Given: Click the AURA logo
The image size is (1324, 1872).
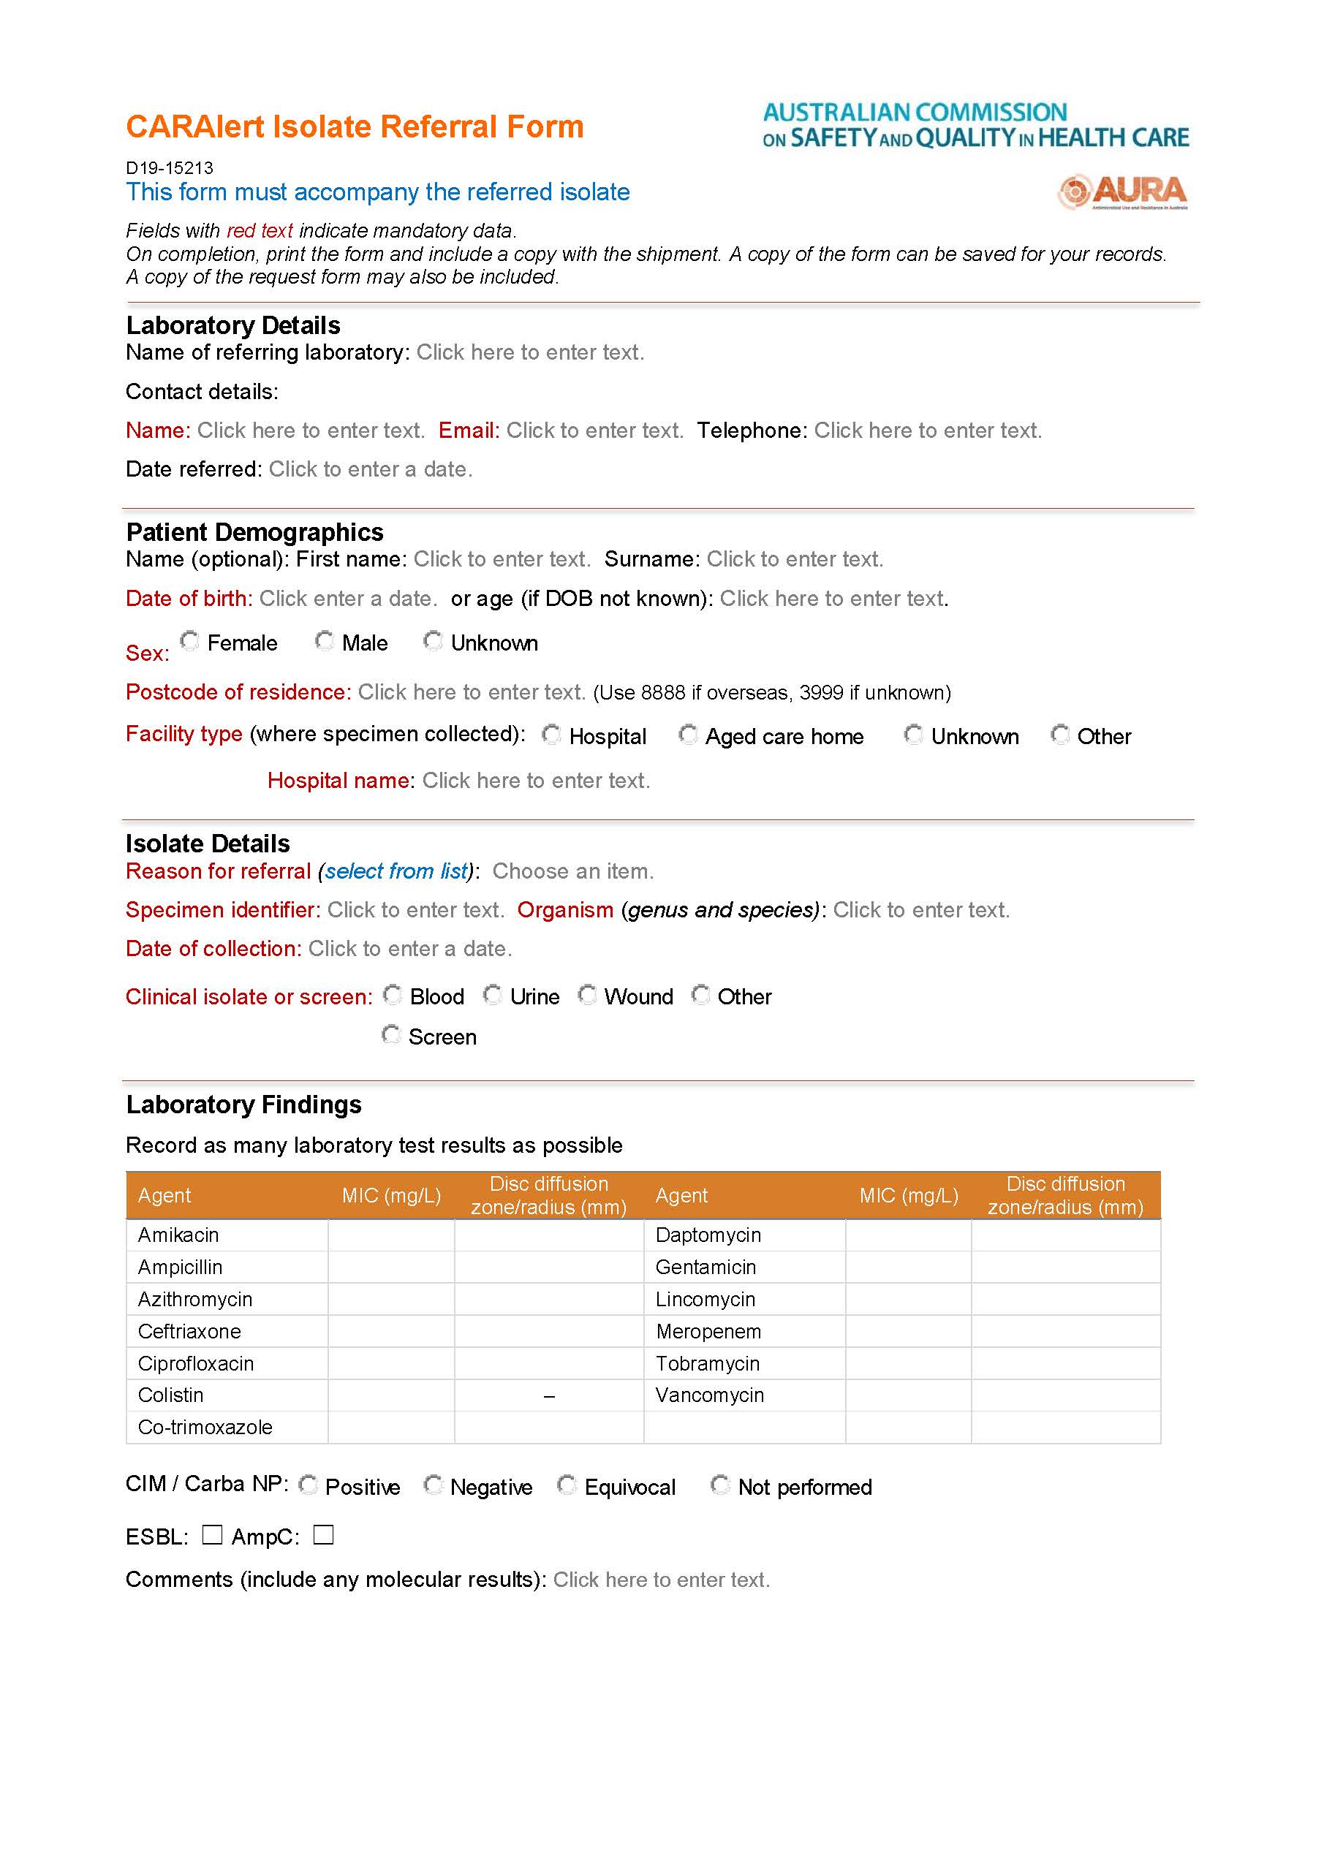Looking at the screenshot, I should pyautogui.click(x=1123, y=192).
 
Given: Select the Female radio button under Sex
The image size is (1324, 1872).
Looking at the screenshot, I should pyautogui.click(x=190, y=641).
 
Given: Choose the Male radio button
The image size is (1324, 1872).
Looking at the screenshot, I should pyautogui.click(x=325, y=641).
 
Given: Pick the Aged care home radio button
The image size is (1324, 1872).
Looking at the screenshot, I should pyautogui.click(x=688, y=735).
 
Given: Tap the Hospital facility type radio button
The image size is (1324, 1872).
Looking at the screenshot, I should pyautogui.click(x=552, y=735).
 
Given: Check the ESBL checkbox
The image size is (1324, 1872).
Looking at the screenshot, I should pyautogui.click(x=212, y=1534).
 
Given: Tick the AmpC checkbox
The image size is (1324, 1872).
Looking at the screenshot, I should pyautogui.click(x=324, y=1534).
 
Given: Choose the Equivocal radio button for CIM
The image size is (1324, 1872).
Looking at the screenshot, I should pyautogui.click(x=567, y=1485).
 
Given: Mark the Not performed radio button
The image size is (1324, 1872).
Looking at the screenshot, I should pyautogui.click(x=720, y=1485).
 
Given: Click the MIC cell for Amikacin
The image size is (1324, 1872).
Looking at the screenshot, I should pyautogui.click(x=391, y=1235).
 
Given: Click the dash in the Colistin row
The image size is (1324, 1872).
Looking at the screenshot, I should pyautogui.click(x=548, y=1397).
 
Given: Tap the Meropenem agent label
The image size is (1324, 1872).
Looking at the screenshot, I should pyautogui.click(x=708, y=1331).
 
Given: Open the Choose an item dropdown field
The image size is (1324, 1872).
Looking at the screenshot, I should pyautogui.click(x=572, y=871).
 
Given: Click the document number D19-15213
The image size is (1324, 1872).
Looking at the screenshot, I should pyautogui.click(x=170, y=168).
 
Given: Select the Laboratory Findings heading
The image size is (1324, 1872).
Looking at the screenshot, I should pyautogui.click(x=243, y=1104).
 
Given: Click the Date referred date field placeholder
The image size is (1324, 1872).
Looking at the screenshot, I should pyautogui.click(x=370, y=469).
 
